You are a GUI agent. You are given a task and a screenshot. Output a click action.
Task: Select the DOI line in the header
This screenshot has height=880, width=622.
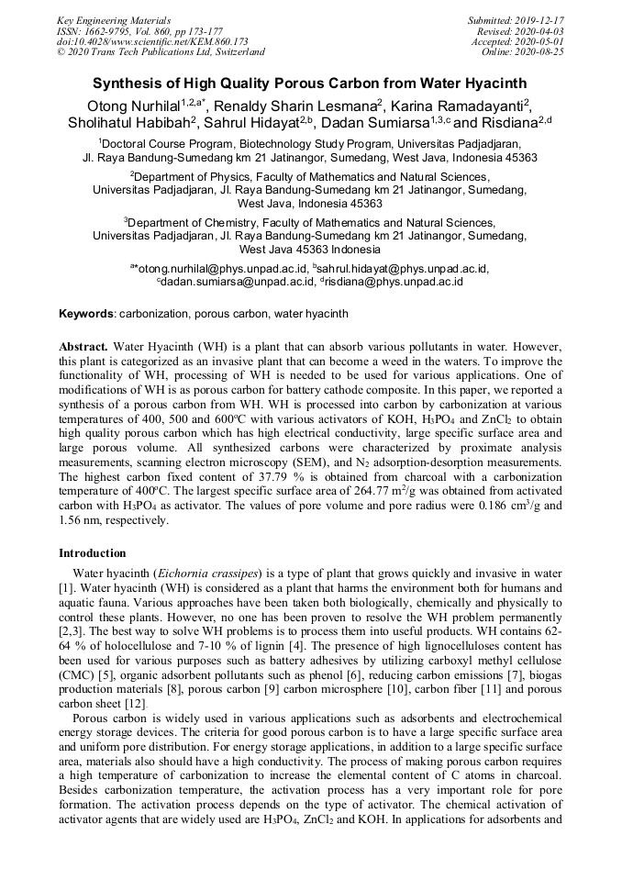tap(152, 41)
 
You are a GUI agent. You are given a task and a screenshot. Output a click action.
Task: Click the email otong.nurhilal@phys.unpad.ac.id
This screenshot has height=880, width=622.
tap(224, 268)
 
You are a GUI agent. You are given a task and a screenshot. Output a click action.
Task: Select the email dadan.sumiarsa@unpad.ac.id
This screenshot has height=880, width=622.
tap(237, 282)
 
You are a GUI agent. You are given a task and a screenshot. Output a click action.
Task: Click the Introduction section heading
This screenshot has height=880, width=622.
tap(93, 553)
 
